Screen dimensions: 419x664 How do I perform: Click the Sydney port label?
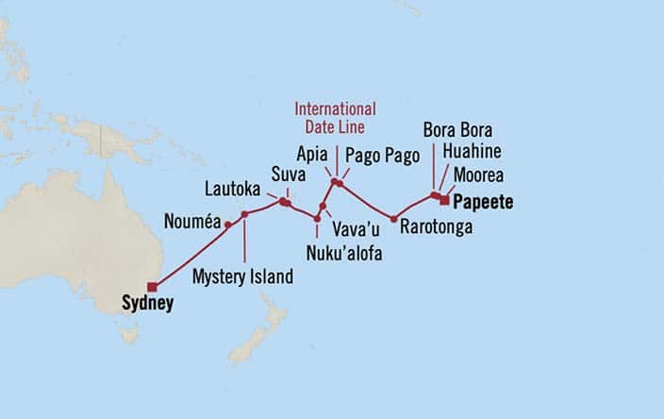[x=148, y=304]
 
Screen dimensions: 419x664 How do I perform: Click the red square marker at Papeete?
[x=444, y=198]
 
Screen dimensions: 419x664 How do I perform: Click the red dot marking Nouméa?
[x=227, y=225]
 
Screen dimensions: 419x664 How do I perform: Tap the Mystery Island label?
[x=242, y=277]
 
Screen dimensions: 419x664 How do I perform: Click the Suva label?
[x=288, y=175]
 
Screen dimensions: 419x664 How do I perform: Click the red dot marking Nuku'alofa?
[x=317, y=219]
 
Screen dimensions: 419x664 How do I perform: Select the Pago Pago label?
[x=381, y=157]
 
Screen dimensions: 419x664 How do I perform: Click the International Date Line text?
[x=335, y=117]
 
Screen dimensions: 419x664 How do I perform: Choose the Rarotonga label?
[x=436, y=227]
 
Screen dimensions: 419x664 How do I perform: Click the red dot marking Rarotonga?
[x=393, y=218]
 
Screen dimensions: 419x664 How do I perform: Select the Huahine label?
[x=469, y=151]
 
